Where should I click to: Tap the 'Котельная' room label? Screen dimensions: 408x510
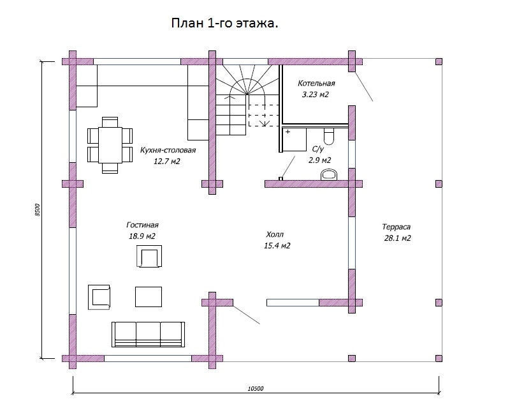(316, 83)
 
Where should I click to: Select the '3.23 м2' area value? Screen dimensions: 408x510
(315, 94)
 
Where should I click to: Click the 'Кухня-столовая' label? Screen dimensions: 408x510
(168, 150)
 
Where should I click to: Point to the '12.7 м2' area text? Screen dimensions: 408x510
(167, 162)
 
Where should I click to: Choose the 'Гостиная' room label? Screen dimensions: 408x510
(142, 225)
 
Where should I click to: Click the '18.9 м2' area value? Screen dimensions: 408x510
(142, 236)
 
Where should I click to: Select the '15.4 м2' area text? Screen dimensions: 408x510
(277, 246)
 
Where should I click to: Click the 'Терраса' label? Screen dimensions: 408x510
(397, 227)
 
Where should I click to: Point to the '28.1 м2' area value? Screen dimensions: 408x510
(397, 238)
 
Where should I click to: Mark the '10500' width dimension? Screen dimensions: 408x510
(255, 388)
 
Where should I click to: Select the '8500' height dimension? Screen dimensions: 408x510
(38, 210)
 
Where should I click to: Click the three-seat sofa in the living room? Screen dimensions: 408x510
(147, 333)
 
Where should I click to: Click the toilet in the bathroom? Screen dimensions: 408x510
(329, 135)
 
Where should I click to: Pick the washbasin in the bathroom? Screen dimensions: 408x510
(330, 174)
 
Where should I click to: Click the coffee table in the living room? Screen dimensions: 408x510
(149, 296)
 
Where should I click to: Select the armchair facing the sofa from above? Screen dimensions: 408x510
(149, 257)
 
